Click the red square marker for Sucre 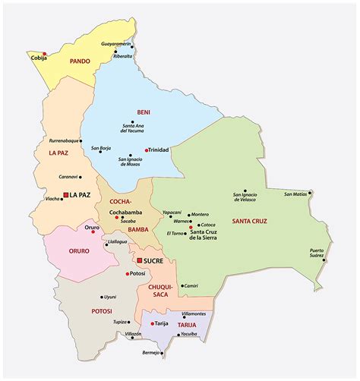pyautogui.click(x=139, y=260)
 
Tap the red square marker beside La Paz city pyautogui.click(x=66, y=195)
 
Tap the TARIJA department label pyautogui.click(x=187, y=325)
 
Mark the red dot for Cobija pyautogui.click(x=45, y=53)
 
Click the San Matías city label pyautogui.click(x=296, y=194)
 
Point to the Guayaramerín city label pyautogui.click(x=116, y=45)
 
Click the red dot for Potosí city pyautogui.click(x=127, y=273)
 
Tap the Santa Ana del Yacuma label pyautogui.click(x=136, y=128)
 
